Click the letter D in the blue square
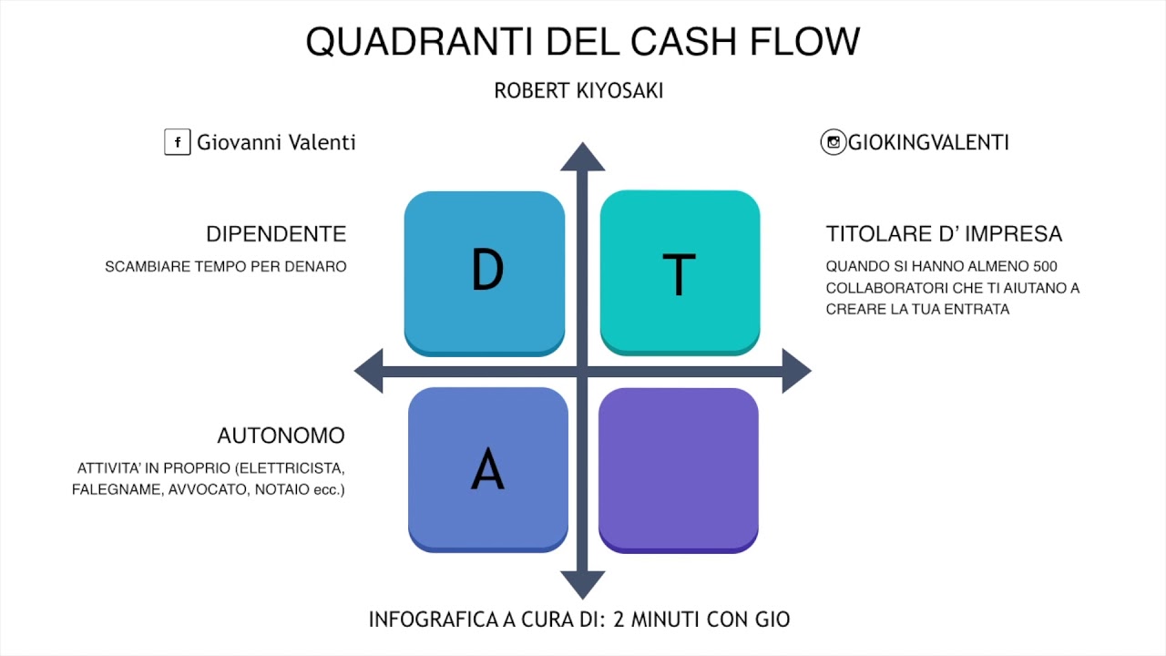click(x=487, y=270)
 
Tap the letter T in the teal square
click(x=679, y=274)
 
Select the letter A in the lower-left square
click(x=487, y=469)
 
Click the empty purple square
click(x=679, y=469)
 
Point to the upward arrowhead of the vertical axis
click(x=582, y=157)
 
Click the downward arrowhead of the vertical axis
click(x=582, y=584)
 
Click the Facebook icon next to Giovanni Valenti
click(x=177, y=142)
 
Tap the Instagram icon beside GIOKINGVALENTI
click(x=833, y=142)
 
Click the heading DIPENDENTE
click(x=276, y=234)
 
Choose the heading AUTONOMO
click(x=281, y=436)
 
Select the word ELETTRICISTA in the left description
click(x=291, y=468)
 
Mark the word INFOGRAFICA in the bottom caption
click(x=433, y=620)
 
